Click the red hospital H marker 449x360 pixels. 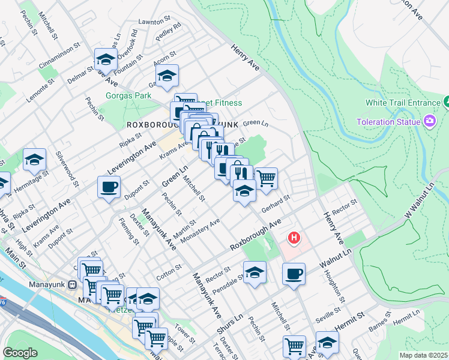(294, 238)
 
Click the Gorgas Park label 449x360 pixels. (128, 95)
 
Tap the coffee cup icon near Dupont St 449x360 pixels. (109, 187)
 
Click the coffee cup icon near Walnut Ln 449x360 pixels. (294, 274)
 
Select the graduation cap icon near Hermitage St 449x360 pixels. (35, 160)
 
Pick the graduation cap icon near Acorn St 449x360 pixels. (167, 76)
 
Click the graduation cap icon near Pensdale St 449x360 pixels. (255, 272)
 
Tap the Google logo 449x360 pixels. (20, 353)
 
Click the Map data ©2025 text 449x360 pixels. (423, 355)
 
